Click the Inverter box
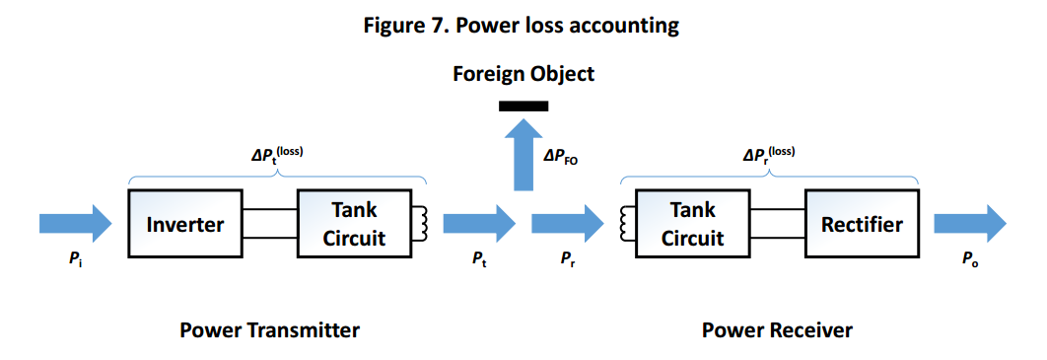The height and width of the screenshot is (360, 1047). click(x=185, y=224)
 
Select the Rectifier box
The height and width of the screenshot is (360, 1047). click(x=862, y=224)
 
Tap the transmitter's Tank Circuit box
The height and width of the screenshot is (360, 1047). click(x=354, y=224)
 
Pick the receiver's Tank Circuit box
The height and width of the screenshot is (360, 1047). click(x=692, y=224)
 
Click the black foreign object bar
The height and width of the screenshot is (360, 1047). click(x=523, y=107)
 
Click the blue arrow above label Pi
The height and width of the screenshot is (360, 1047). click(x=76, y=223)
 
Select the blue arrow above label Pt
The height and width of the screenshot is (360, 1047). click(x=479, y=223)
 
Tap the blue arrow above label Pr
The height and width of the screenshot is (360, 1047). click(x=568, y=223)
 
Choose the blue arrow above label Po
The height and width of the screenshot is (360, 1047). click(x=969, y=223)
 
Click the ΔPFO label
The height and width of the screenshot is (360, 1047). click(x=562, y=158)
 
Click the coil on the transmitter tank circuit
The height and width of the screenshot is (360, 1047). click(x=421, y=224)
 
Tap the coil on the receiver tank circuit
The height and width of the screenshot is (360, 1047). click(x=626, y=224)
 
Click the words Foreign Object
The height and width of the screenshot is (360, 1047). click(x=523, y=73)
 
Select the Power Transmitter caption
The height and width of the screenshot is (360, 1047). click(x=270, y=330)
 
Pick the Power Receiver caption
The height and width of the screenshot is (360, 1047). click(x=777, y=330)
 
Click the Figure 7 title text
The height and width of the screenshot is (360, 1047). click(x=522, y=26)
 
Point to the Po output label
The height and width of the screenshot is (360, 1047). click(x=970, y=260)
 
